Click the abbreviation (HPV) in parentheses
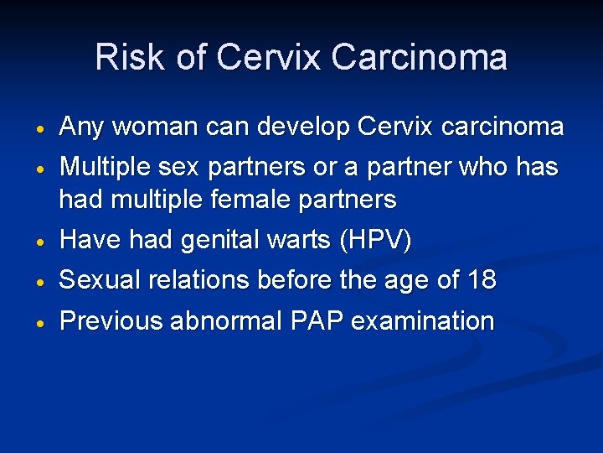[376, 242]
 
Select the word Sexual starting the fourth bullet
[98, 279]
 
